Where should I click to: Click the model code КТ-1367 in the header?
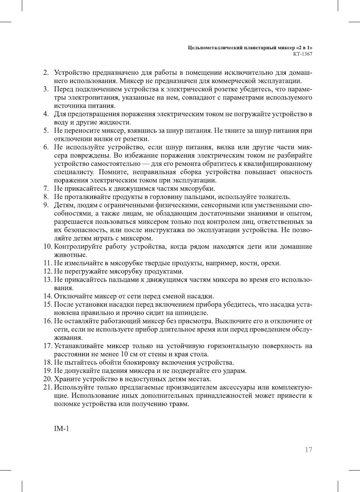[302, 54]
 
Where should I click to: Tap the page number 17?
[308, 449]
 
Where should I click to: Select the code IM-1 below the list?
[62, 428]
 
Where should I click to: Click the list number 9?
[46, 205]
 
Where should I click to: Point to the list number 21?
[47, 387]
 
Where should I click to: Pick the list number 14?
[47, 296]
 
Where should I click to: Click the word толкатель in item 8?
[275, 197]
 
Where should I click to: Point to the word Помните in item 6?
[113, 172]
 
